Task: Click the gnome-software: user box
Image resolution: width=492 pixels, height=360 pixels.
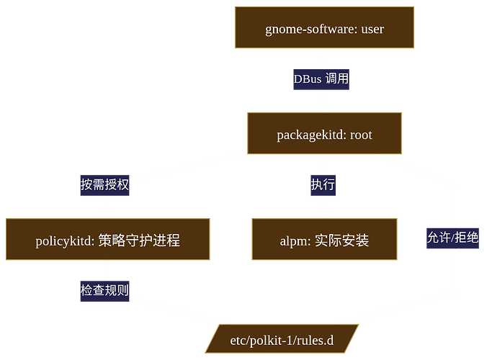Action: [324, 27]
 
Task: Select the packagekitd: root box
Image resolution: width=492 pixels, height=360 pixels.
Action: [324, 133]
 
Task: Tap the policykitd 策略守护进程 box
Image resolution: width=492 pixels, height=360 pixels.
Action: [108, 239]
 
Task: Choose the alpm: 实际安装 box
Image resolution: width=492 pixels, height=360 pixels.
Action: [324, 239]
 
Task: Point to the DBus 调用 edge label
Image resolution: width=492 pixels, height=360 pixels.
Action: [321, 79]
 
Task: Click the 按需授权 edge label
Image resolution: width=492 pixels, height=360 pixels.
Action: [105, 184]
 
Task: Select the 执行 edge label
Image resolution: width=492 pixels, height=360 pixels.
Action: [323, 184]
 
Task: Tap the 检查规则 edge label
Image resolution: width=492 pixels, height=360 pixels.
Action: [105, 289]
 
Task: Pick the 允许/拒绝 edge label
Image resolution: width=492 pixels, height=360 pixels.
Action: [453, 238]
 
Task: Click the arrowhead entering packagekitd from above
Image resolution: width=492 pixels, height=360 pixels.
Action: [324, 108]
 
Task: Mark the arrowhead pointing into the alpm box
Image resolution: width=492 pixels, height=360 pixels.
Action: [324, 214]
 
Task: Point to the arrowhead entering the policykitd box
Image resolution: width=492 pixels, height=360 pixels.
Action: [108, 214]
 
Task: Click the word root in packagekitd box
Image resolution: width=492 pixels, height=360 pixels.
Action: [361, 134]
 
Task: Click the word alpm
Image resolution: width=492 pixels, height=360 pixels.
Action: [293, 240]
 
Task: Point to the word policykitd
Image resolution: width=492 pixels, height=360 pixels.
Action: [65, 240]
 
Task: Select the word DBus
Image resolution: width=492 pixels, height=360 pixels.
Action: [308, 79]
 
